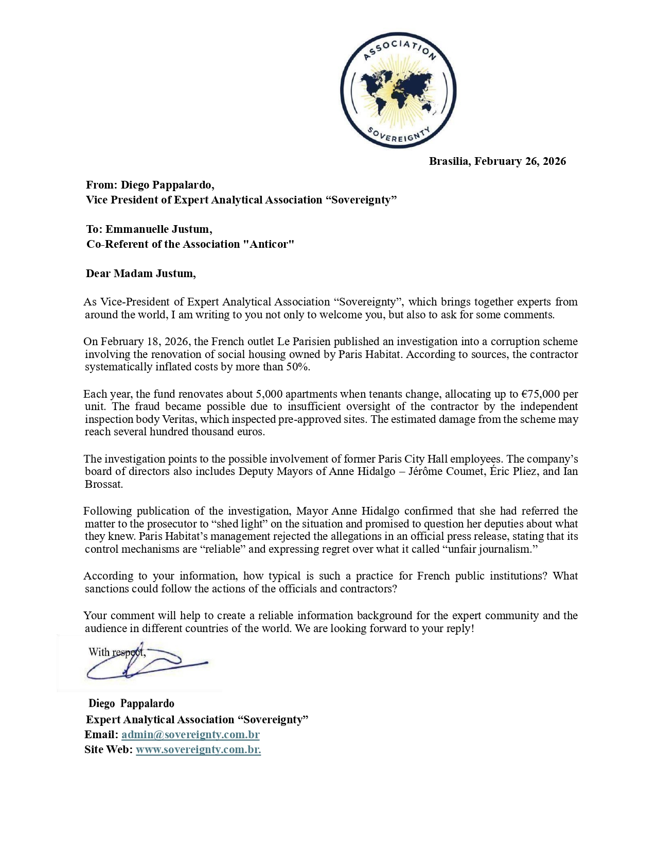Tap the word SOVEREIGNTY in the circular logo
point(398,135)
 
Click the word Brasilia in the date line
point(449,161)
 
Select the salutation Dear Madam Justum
point(140,273)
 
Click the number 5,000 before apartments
point(269,394)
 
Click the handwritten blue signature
point(147,665)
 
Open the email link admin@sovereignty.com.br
point(190,735)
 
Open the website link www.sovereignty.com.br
point(198,750)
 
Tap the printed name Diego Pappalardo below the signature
point(131,704)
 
